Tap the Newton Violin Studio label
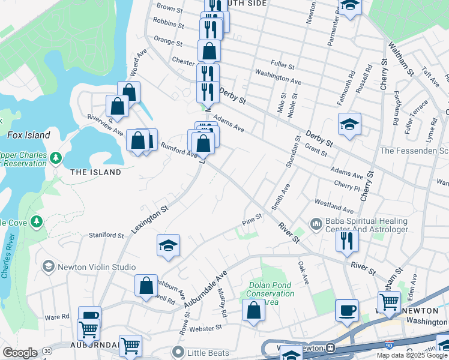96,266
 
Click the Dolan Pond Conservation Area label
270,289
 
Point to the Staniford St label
106,235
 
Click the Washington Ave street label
278,76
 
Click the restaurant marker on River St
348,240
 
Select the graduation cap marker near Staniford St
169,245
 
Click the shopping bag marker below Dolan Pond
253,311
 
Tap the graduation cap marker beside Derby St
349,124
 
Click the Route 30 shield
46,350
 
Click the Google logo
20,353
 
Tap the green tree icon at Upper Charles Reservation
56,158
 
